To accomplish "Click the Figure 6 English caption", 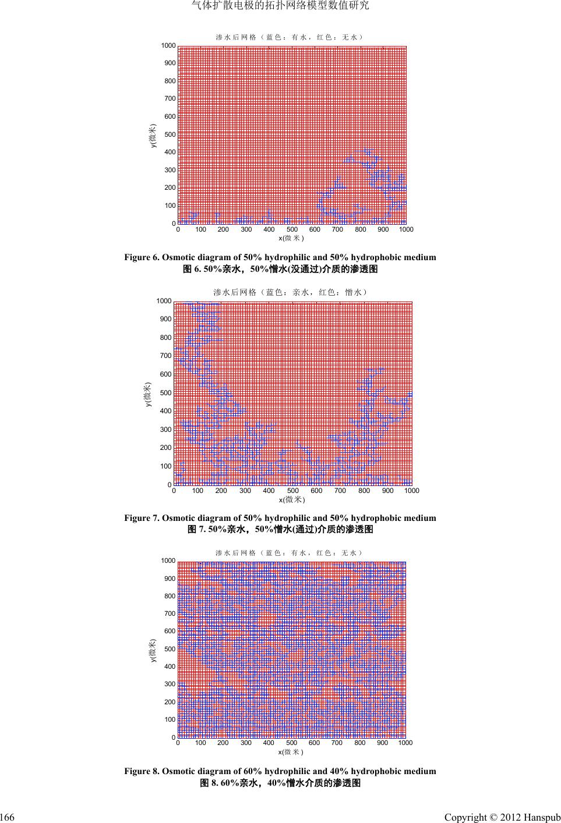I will (x=280, y=257).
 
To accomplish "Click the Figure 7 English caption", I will (x=280, y=518).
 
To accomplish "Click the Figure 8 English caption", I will (x=280, y=771).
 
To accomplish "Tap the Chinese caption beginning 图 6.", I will (x=280, y=269).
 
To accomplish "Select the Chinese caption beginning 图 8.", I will (x=280, y=783).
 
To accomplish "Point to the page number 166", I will (x=7, y=818).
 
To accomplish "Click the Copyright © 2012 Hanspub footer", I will (x=502, y=818).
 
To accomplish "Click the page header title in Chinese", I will (x=280, y=6).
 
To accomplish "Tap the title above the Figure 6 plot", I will (x=290, y=37).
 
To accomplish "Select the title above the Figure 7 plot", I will (x=290, y=292).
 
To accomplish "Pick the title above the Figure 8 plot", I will (x=290, y=552).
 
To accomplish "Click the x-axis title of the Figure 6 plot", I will (x=291, y=238).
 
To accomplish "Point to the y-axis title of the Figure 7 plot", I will (x=149, y=394).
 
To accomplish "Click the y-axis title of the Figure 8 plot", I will (x=153, y=650).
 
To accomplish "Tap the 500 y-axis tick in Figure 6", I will (x=170, y=134).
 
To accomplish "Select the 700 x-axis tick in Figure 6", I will (x=337, y=230).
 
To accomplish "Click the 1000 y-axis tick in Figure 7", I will (x=164, y=301).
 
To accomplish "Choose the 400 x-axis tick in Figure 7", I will (x=269, y=491).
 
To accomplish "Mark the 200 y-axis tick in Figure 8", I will (x=170, y=702).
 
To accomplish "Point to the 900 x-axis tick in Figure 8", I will (x=383, y=743).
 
